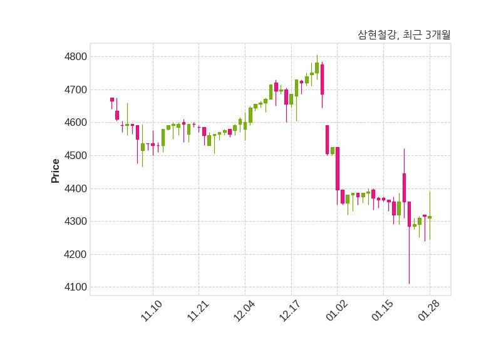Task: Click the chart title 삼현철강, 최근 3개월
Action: [x=404, y=35]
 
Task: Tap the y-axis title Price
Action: [x=55, y=171]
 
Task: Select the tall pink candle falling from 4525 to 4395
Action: [x=338, y=168]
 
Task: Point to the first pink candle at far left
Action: [x=112, y=100]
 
